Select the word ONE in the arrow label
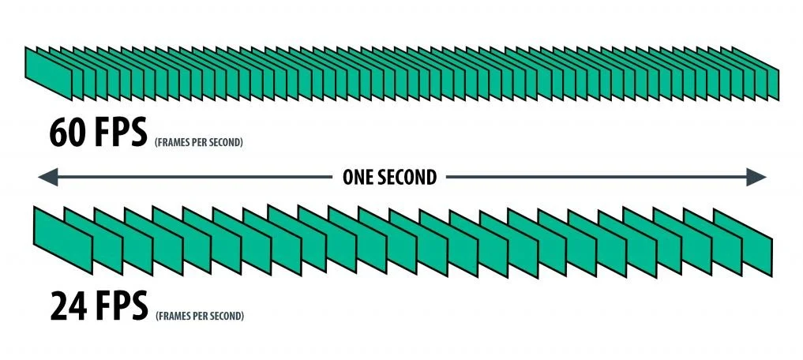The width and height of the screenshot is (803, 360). (360, 178)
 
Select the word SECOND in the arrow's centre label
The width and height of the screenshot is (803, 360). (409, 178)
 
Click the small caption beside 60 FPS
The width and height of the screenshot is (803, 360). (197, 144)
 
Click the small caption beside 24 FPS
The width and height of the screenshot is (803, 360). (200, 316)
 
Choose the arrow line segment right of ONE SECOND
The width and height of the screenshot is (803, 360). (592, 178)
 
